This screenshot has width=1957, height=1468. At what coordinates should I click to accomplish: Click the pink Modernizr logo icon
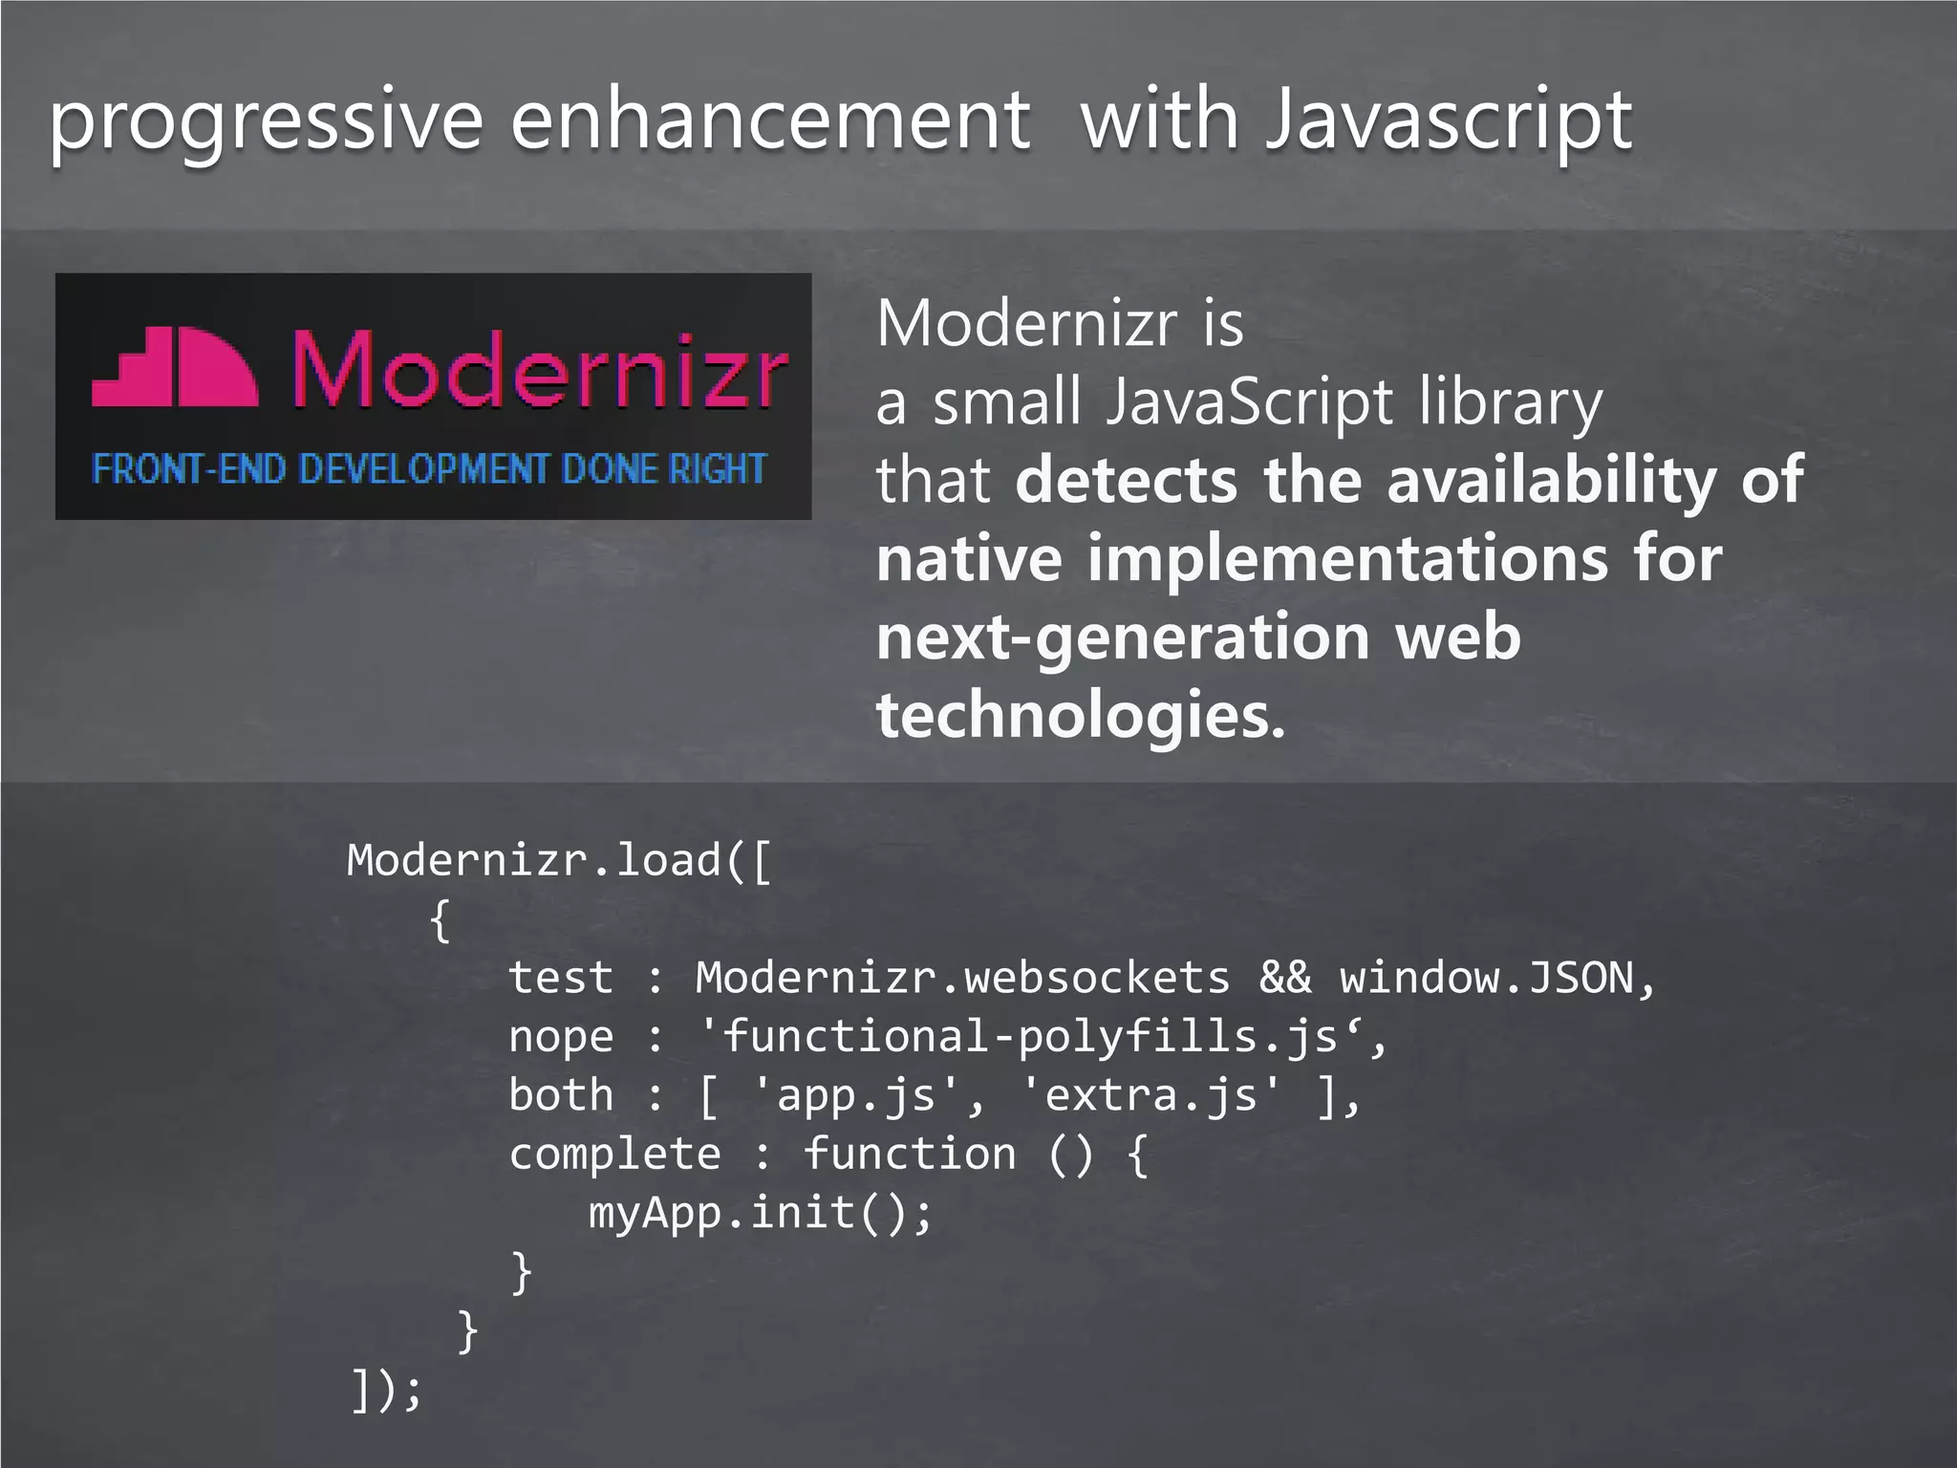(x=175, y=368)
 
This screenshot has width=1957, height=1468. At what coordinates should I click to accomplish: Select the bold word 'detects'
(x=1128, y=480)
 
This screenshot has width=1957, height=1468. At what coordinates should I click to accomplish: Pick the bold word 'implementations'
(x=1348, y=559)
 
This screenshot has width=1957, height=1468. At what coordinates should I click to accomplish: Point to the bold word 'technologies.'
(x=1082, y=715)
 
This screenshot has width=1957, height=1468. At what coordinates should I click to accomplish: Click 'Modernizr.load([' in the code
(x=559, y=861)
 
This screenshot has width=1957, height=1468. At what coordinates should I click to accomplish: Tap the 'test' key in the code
(x=560, y=978)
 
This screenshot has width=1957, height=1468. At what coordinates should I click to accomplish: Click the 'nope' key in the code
(x=560, y=1037)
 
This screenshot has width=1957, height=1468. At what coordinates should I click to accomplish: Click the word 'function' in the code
(x=910, y=1155)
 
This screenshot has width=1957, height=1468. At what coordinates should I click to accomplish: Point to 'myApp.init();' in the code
(x=760, y=1214)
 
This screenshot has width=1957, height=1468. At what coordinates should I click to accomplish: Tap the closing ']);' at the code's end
(x=385, y=1390)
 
